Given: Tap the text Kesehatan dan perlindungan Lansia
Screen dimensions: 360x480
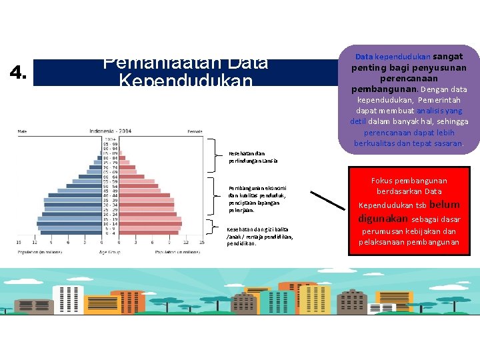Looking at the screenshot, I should pyautogui.click(x=253, y=157).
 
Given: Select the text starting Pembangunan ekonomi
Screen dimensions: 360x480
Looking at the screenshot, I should pyautogui.click(x=257, y=199).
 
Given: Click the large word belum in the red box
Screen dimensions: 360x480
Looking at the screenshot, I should pyautogui.click(x=444, y=205).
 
